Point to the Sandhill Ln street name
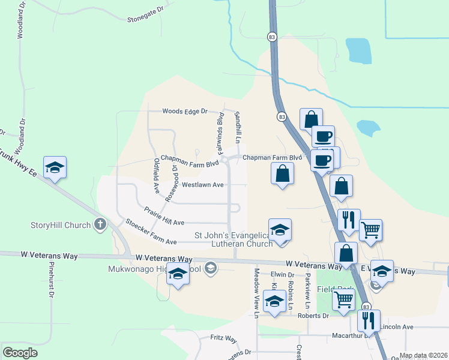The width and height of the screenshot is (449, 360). (x=238, y=127)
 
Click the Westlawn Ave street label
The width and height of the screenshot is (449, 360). (x=203, y=185)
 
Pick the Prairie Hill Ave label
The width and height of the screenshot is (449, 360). (x=164, y=217)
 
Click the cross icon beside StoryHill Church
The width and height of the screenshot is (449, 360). (x=100, y=226)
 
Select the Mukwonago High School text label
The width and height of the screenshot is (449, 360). (x=154, y=268)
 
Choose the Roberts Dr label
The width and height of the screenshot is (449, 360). (x=318, y=315)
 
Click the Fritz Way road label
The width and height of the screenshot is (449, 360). (x=224, y=338)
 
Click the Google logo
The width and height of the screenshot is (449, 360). (x=20, y=353)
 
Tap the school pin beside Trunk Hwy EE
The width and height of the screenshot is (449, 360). (x=55, y=167)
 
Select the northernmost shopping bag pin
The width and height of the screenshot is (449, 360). (x=311, y=119)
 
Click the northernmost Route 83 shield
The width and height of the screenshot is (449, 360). (x=273, y=37)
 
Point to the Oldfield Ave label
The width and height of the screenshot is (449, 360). (x=156, y=175)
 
